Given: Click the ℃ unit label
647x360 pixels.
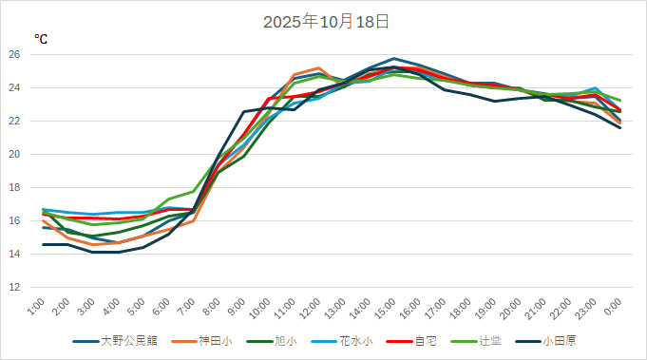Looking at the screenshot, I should tap(41, 40).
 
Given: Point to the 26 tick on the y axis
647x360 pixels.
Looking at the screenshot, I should tap(13, 54).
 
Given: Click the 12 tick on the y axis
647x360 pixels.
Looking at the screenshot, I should tap(13, 287).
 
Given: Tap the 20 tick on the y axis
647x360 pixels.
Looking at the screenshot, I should tap(13, 154).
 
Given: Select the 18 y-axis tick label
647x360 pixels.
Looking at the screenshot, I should tap(13, 187).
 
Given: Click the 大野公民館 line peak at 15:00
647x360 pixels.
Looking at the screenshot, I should tap(394, 59).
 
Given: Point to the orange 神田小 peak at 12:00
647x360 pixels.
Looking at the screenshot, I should tap(319, 68).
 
